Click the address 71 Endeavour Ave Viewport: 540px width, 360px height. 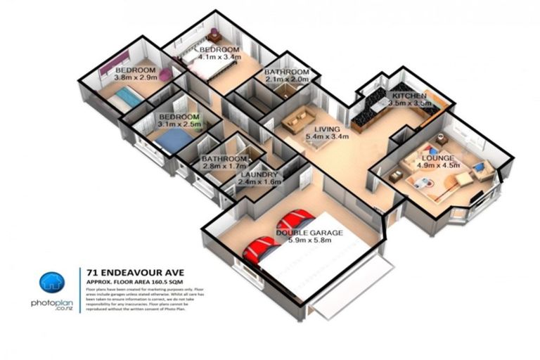(125, 271)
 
